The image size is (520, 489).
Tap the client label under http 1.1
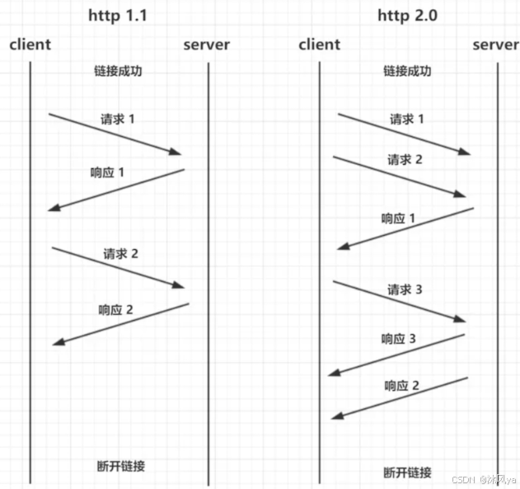tap(30, 45)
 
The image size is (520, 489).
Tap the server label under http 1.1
tap(206, 45)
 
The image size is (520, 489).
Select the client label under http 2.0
tap(319, 45)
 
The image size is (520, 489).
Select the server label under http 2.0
tap(495, 45)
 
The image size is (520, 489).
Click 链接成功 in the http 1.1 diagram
tap(119, 71)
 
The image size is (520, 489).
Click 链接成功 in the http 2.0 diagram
tap(407, 71)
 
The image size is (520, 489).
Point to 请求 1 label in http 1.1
tap(117, 119)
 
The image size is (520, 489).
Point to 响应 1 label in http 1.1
tap(107, 173)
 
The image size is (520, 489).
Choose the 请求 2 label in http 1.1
tap(120, 253)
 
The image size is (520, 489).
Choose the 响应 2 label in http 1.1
tap(115, 310)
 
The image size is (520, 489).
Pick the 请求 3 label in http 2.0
tap(405, 290)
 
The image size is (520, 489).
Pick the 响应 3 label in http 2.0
tap(398, 339)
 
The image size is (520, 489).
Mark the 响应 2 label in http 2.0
tap(402, 385)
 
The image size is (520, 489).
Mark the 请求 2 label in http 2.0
tap(405, 160)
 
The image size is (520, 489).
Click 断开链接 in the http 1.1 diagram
tap(120, 466)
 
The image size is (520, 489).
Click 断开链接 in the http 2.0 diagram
tap(407, 473)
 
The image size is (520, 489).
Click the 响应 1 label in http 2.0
tap(398, 219)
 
